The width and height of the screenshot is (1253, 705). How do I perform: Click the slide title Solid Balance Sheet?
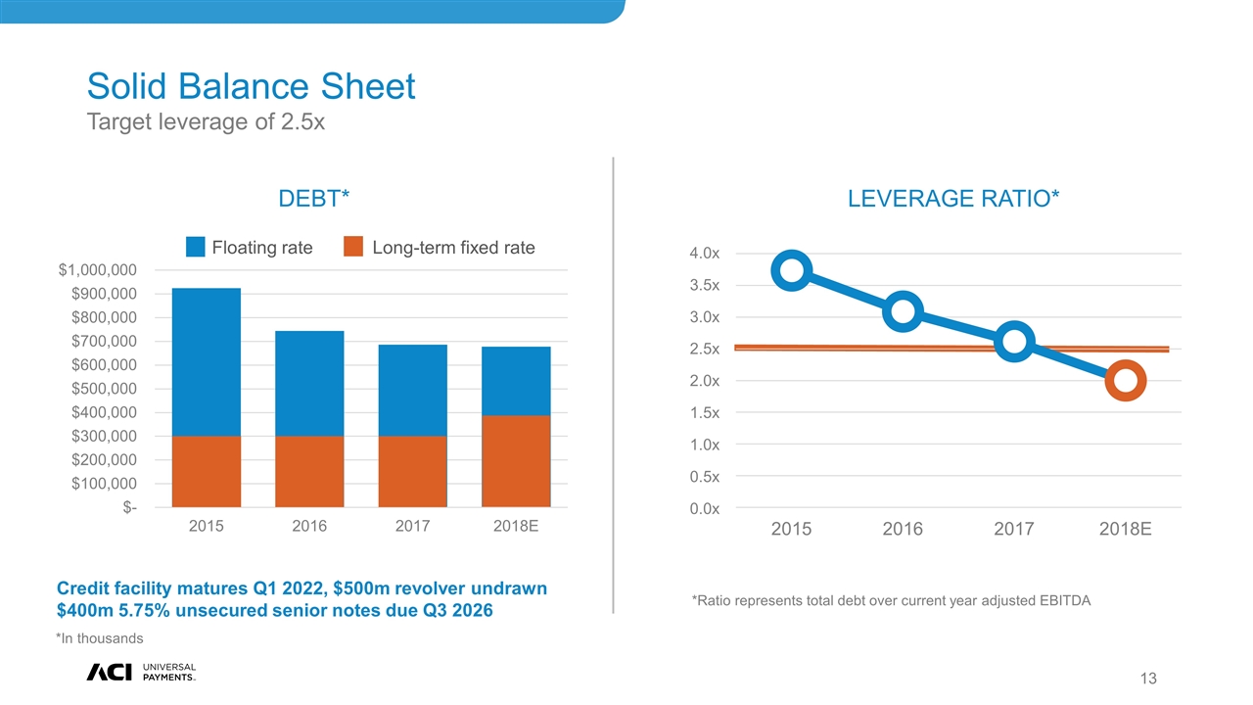[251, 87]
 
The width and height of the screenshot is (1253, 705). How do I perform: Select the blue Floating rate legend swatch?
[196, 247]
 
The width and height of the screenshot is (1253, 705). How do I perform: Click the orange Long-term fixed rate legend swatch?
[354, 247]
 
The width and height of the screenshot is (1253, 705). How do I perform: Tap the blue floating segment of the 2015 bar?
[206, 362]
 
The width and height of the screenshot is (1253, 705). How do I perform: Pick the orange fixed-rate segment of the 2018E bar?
[516, 460]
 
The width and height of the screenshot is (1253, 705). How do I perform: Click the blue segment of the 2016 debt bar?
[309, 384]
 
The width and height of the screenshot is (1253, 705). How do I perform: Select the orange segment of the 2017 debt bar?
[412, 471]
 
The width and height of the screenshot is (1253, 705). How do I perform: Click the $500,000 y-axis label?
[96, 389]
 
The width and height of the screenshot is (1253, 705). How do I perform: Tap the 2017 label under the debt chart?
[412, 527]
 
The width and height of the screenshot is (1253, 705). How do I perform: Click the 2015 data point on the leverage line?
[794, 270]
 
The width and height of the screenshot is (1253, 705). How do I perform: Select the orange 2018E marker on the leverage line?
[1126, 381]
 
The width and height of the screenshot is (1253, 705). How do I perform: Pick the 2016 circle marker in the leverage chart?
[905, 311]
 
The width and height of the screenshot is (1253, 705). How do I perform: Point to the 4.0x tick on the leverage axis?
[705, 254]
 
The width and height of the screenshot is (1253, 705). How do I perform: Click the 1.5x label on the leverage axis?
[705, 413]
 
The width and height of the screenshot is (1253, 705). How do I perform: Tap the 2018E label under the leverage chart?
[1125, 530]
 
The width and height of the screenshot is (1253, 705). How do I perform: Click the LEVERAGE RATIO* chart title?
[953, 199]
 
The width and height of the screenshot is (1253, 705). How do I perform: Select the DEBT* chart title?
[314, 199]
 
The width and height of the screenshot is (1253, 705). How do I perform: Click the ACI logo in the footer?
[110, 671]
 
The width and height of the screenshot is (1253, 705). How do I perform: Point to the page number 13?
[1148, 679]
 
